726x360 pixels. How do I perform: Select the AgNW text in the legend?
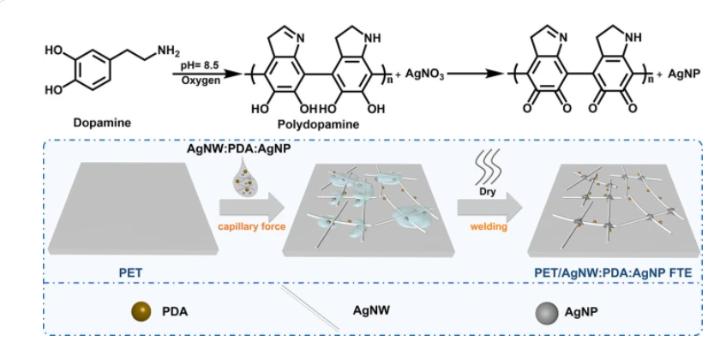(374, 314)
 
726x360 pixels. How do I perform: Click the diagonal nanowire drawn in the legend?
(312, 312)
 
